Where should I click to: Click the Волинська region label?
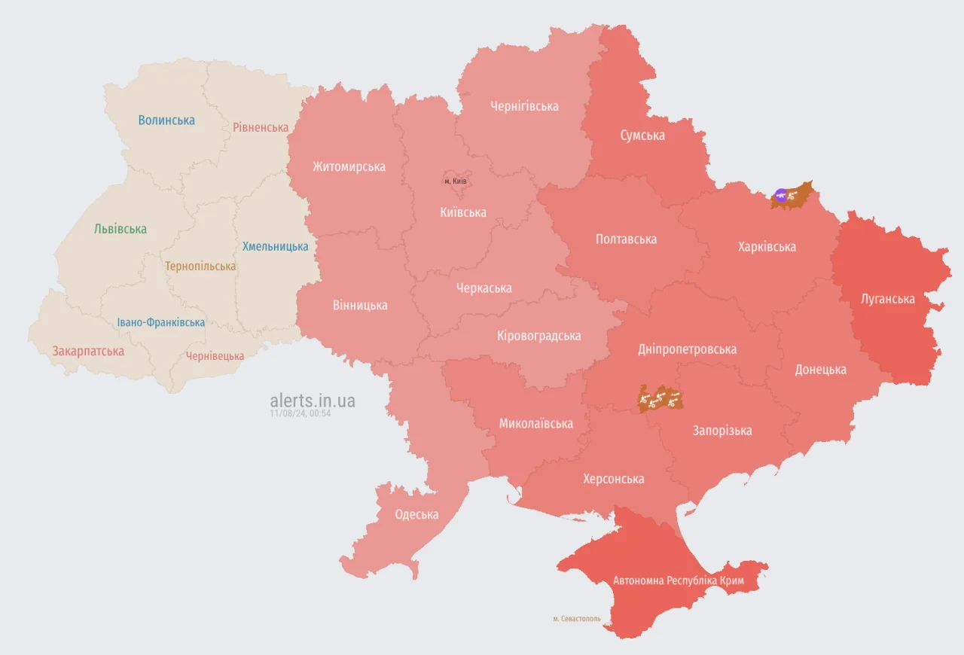point(166,120)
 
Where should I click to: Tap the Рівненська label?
point(260,128)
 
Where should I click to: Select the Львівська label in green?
point(120,229)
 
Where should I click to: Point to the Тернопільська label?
point(200,267)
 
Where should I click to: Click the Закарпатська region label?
point(88,351)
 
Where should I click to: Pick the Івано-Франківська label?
point(160,323)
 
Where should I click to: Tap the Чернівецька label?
point(215,356)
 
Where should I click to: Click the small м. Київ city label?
point(456,181)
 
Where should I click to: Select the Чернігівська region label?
point(524,106)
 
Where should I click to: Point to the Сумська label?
point(642,136)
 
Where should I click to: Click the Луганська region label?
point(888,299)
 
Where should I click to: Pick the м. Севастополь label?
point(576,619)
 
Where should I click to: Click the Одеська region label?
point(416,515)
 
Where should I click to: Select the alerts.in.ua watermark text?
point(313,401)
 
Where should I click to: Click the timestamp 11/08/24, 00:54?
point(300,413)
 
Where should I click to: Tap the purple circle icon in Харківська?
point(781,196)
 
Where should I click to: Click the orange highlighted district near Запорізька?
point(659,398)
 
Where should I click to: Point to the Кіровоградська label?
point(538,336)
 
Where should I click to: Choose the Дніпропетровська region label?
point(687,349)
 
